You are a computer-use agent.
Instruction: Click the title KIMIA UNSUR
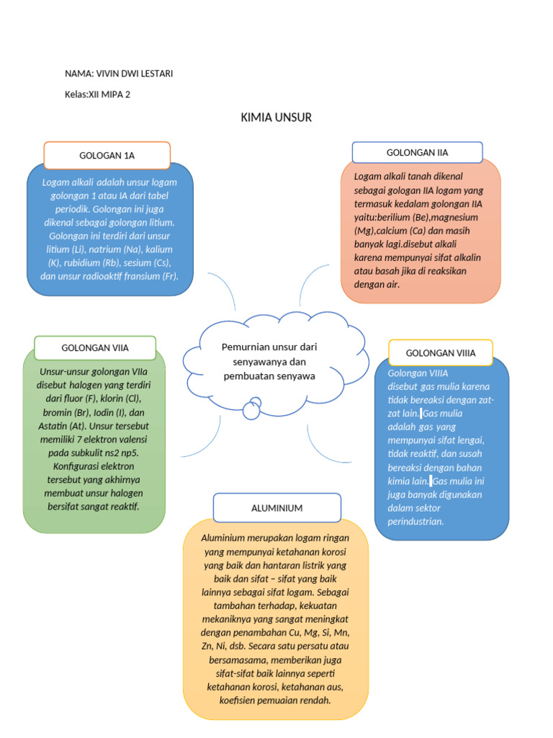(x=276, y=117)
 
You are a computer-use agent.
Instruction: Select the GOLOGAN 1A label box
(x=107, y=155)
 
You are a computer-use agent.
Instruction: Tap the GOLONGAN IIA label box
(x=417, y=152)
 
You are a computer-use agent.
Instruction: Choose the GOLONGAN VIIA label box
(x=95, y=347)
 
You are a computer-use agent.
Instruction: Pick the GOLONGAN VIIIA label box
(x=440, y=352)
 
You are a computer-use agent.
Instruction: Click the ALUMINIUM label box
(x=276, y=508)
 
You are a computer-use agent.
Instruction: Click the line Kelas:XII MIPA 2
(x=97, y=94)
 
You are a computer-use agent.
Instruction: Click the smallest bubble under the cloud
(x=251, y=411)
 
